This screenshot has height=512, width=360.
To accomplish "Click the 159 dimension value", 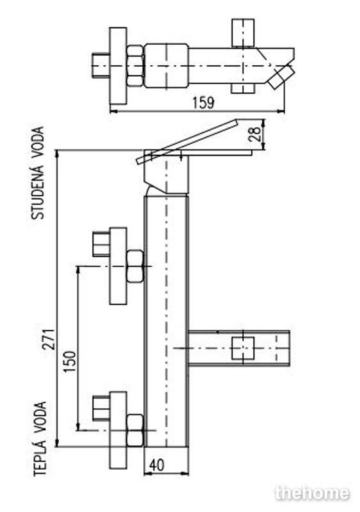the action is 203,102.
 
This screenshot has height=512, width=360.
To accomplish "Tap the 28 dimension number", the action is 255,133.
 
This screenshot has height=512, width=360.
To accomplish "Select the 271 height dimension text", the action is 49,339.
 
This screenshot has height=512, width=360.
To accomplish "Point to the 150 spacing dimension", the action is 70,362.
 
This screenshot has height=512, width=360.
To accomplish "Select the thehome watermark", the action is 312,493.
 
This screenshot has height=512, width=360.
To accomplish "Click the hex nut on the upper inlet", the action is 135,266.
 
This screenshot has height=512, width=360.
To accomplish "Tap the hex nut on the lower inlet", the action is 135,430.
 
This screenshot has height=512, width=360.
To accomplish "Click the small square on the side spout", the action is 243,348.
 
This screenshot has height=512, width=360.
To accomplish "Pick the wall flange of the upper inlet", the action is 118,266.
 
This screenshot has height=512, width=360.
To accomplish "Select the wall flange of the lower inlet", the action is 118,430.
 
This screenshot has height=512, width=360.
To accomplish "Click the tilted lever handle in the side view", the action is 187,141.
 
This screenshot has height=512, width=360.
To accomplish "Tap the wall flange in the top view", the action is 118,66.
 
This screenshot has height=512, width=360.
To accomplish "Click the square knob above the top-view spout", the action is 243,33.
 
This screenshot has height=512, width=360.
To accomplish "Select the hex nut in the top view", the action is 135,66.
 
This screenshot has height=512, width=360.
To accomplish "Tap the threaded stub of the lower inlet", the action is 101,408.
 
